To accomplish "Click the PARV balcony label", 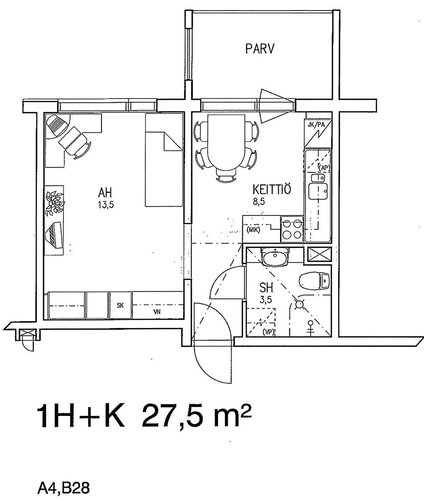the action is [x=260, y=48].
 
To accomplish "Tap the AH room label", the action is [x=105, y=193].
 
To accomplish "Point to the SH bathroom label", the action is [x=266, y=288].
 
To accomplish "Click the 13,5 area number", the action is [x=106, y=205].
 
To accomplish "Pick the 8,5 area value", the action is [x=259, y=201].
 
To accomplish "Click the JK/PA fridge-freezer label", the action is [x=316, y=125].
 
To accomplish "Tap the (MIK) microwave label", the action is [x=253, y=230].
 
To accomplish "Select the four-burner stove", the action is [x=292, y=229].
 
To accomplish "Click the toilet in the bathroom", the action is [x=315, y=281].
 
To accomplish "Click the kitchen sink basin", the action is [x=318, y=191].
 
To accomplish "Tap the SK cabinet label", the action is [x=120, y=305].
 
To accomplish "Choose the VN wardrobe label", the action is [x=157, y=312].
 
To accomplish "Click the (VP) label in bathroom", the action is [x=268, y=333].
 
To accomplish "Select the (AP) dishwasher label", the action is [x=324, y=167].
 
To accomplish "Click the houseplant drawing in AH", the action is [x=55, y=203].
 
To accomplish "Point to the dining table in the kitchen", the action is [x=226, y=143].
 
